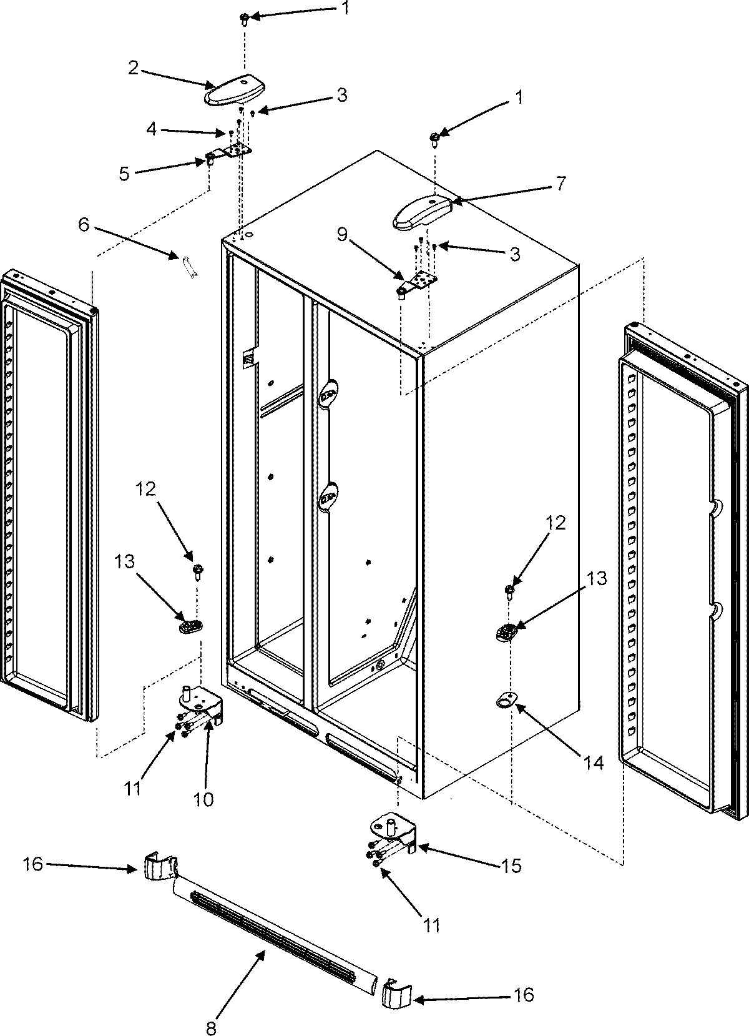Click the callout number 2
pyautogui.click(x=133, y=69)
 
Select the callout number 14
pyautogui.click(x=594, y=762)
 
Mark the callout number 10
pyautogui.click(x=204, y=799)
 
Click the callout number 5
pyautogui.click(x=125, y=174)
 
